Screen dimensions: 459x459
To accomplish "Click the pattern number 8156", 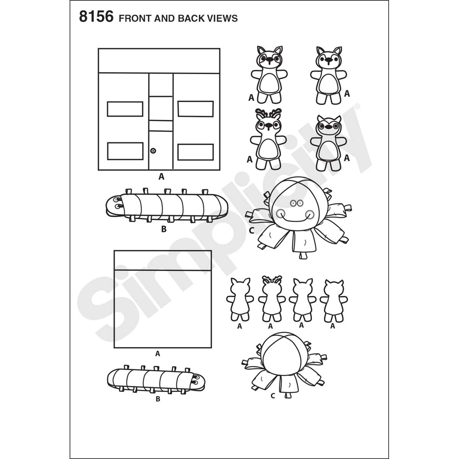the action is pyautogui.click(x=96, y=17).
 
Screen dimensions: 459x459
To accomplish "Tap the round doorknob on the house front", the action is pyautogui.click(x=153, y=151).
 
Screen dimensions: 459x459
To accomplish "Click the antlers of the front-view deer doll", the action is pyautogui.click(x=268, y=112).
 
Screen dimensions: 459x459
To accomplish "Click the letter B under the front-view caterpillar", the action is pyautogui.click(x=164, y=229).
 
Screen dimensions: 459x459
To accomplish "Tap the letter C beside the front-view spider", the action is pyautogui.click(x=252, y=230).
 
